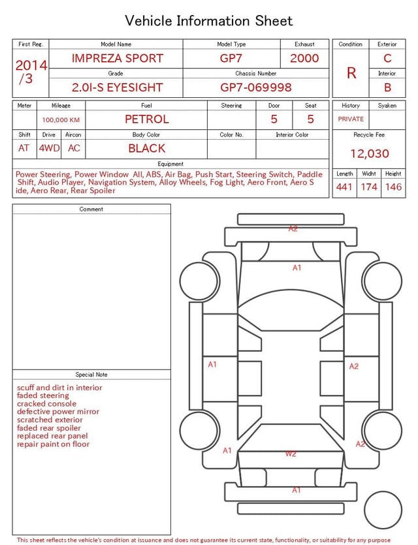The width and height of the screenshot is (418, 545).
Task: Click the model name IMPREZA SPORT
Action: pyautogui.click(x=118, y=58)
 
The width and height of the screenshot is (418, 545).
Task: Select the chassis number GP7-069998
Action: pyautogui.click(x=256, y=87)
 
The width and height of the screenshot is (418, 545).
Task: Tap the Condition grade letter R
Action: pyautogui.click(x=351, y=73)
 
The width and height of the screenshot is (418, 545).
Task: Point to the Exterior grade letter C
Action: pyautogui.click(x=387, y=58)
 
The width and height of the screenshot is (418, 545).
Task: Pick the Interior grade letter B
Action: pyautogui.click(x=387, y=87)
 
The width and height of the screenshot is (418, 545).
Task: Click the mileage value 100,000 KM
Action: pyautogui.click(x=61, y=120)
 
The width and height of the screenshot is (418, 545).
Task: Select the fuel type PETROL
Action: pyautogui.click(x=147, y=119)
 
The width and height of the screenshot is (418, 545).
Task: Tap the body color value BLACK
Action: pyautogui.click(x=147, y=148)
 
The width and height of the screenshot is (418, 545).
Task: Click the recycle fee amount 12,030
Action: pyautogui.click(x=369, y=153)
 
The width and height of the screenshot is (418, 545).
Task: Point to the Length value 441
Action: pyautogui.click(x=344, y=187)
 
